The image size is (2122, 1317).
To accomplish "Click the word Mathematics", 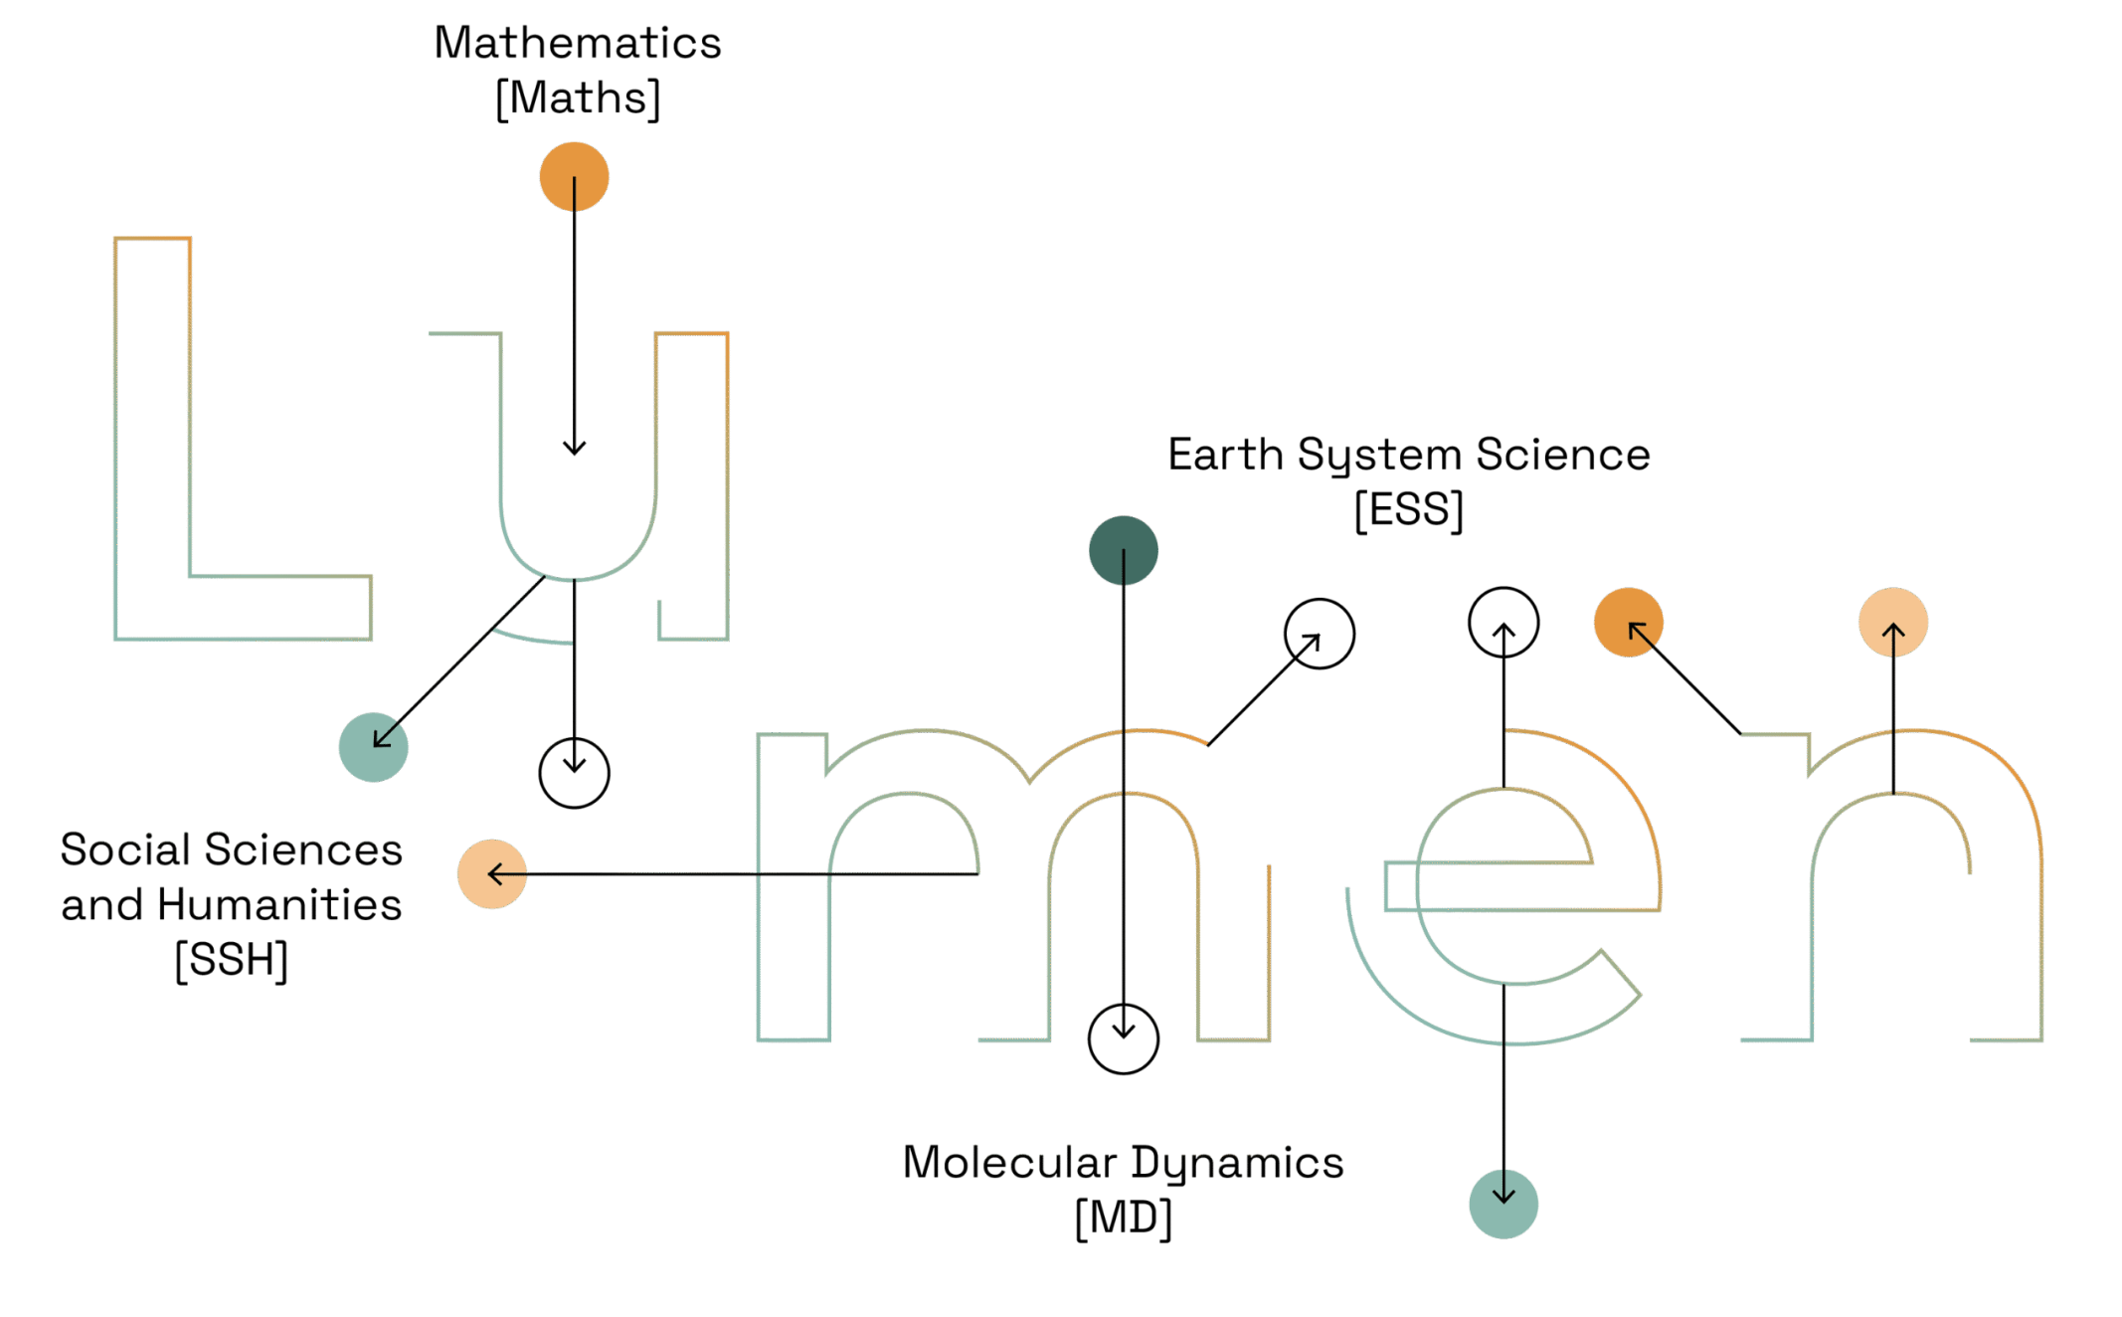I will coord(577,43).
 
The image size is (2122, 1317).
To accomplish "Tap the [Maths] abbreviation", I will coord(577,98).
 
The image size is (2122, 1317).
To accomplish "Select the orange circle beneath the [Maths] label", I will coord(574,177).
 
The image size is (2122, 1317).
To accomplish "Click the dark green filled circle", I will coord(1123,550).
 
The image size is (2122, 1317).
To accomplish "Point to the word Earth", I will coord(1225,455).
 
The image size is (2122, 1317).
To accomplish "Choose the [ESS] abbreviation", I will coord(1408,509).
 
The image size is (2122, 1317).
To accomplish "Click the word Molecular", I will coord(1008,1162).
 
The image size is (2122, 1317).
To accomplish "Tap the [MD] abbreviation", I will coord(1123,1217).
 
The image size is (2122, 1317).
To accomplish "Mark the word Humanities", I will coord(278,905).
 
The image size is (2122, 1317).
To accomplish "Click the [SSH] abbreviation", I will coord(231,960).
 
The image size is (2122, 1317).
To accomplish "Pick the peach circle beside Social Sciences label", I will coord(491,874).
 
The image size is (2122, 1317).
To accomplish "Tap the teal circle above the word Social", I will coord(373,747).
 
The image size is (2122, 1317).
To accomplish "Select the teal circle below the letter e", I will coord(1503,1204).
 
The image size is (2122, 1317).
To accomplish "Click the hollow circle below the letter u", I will coord(574,773).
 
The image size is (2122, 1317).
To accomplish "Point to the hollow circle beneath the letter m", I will coord(1123,1039).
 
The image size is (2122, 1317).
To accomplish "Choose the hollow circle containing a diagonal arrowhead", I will coord(1319,634).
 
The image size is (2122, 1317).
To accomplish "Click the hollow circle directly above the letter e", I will coord(1503,623).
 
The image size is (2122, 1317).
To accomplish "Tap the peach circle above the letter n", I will coord(1892,623).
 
